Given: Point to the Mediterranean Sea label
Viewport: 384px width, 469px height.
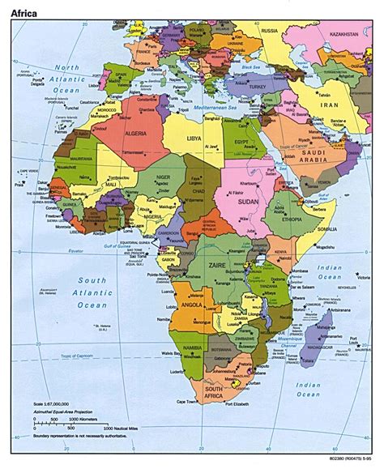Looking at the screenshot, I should click(x=213, y=106).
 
